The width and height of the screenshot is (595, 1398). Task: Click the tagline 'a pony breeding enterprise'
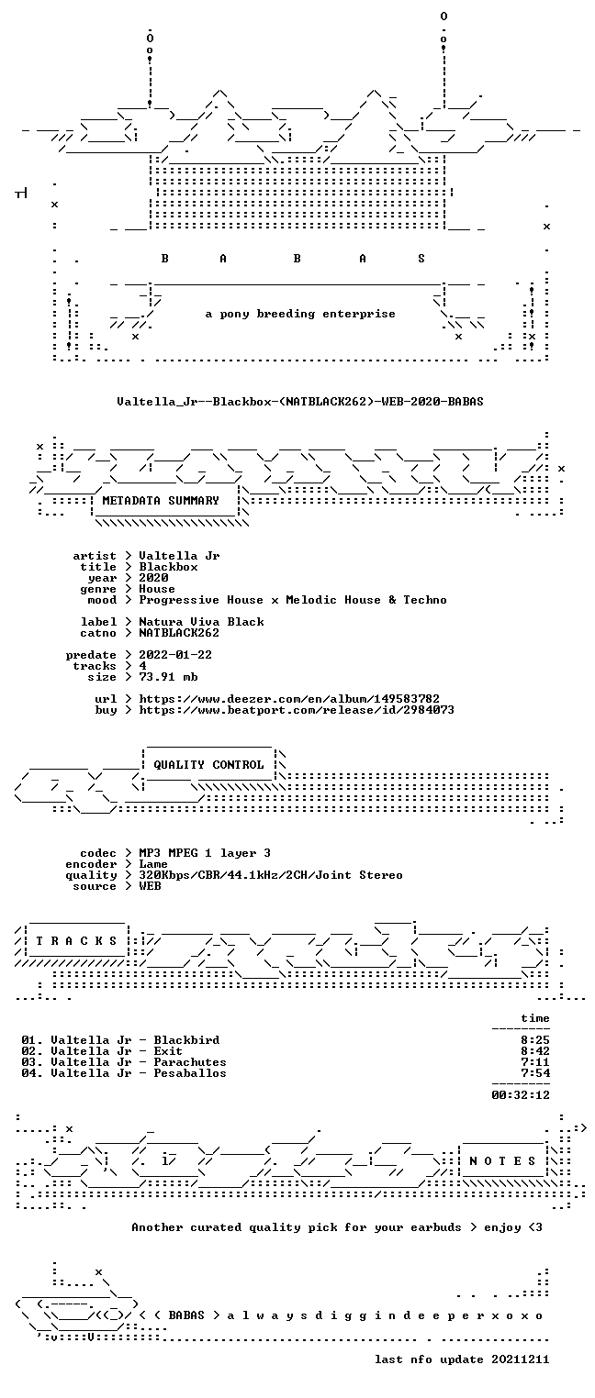pyautogui.click(x=300, y=314)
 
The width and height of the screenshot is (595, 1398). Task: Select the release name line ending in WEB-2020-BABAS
pyautogui.click(x=300, y=401)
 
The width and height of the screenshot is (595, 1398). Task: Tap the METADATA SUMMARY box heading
pyautogui.click(x=161, y=501)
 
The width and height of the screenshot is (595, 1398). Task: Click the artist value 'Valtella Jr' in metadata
pyautogui.click(x=179, y=556)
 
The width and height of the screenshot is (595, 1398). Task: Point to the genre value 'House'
pyautogui.click(x=157, y=589)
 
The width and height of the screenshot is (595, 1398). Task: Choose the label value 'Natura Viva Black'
pyautogui.click(x=201, y=622)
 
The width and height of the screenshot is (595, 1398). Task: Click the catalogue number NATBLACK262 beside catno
pyautogui.click(x=179, y=633)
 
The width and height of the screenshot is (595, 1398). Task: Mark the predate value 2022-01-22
pyautogui.click(x=175, y=655)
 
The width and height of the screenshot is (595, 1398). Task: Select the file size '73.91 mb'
pyautogui.click(x=168, y=677)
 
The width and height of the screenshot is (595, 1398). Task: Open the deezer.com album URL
pyautogui.click(x=289, y=699)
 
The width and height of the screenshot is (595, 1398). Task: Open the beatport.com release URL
pyautogui.click(x=297, y=710)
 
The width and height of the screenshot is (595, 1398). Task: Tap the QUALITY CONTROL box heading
pyautogui.click(x=208, y=764)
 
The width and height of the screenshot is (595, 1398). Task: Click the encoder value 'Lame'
pyautogui.click(x=153, y=864)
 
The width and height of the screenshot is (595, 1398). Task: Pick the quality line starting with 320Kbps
pyautogui.click(x=271, y=875)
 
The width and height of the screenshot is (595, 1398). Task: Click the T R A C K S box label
pyautogui.click(x=76, y=940)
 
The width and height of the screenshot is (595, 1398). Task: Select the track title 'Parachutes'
pyautogui.click(x=190, y=1062)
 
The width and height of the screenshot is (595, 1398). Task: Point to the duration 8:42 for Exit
pyautogui.click(x=535, y=1051)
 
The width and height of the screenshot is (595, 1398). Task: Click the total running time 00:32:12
pyautogui.click(x=521, y=1094)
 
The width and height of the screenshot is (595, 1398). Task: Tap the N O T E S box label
pyautogui.click(x=502, y=1160)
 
